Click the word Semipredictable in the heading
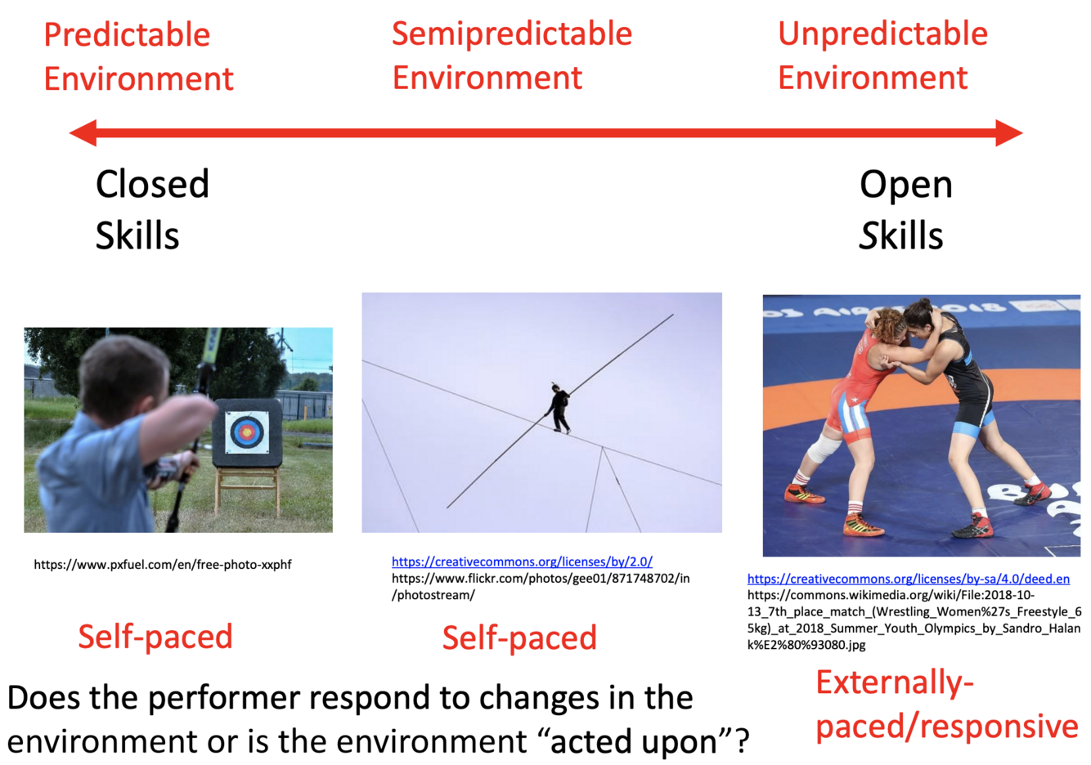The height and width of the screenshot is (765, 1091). [x=512, y=34]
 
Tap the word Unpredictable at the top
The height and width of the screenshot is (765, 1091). [x=883, y=34]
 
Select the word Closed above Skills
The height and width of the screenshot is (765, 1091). [x=152, y=184]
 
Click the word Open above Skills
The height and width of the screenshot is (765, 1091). [x=906, y=186]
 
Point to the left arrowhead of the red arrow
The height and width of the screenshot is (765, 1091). [x=83, y=133]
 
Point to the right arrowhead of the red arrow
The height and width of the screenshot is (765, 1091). [x=1009, y=133]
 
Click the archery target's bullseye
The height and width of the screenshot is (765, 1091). [x=246, y=432]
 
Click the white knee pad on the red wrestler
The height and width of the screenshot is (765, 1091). [x=822, y=447]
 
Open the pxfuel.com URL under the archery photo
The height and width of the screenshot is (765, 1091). [x=163, y=565]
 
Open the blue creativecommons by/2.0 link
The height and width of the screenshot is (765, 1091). [x=522, y=561]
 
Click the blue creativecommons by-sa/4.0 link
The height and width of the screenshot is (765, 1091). [x=909, y=579]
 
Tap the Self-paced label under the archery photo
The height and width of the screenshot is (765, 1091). [x=155, y=637]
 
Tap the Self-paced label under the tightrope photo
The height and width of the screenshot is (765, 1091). [x=519, y=637]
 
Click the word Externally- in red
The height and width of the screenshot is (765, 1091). [x=895, y=682]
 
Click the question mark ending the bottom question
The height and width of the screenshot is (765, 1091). [x=741, y=741]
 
